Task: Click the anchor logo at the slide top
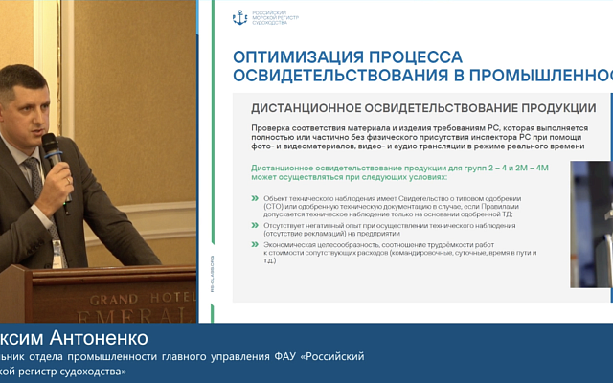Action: pyautogui.click(x=239, y=17)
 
